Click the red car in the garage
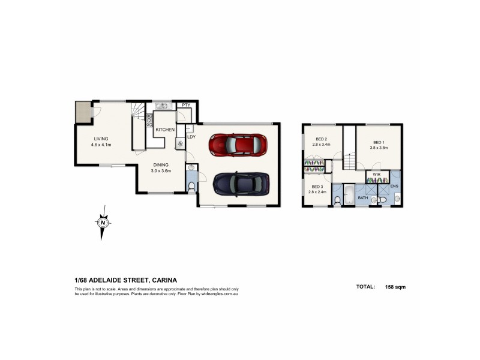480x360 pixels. pos(238,145)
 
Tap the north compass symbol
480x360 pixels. pos(103,223)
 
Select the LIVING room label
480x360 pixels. pos(100,139)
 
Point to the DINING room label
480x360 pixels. pos(160,164)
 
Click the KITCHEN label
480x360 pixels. pos(165,130)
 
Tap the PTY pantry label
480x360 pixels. pos(186,106)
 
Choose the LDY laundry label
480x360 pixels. pos(191,136)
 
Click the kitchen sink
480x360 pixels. pos(161,107)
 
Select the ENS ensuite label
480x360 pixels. pos(394,187)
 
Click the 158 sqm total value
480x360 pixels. pos(395,287)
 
